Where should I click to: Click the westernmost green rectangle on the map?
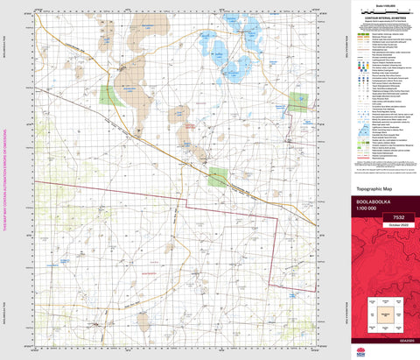(x=109, y=95)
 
